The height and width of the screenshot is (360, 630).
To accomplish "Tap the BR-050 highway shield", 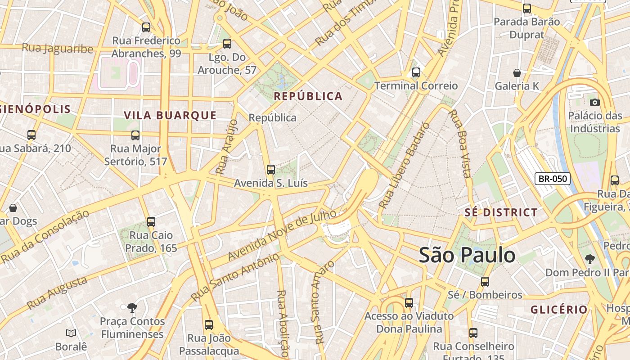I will click(553, 179).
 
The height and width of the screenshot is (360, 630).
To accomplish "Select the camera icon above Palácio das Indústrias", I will click(594, 102).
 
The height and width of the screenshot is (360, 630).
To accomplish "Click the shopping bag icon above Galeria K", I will click(517, 73).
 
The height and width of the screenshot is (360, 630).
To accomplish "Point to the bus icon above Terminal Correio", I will click(416, 72).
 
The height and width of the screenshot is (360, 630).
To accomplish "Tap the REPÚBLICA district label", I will click(308, 96).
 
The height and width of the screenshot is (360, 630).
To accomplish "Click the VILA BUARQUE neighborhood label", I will click(170, 115).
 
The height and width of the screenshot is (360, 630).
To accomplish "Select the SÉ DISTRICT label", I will click(501, 212).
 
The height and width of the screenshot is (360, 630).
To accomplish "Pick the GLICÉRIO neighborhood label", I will click(559, 310).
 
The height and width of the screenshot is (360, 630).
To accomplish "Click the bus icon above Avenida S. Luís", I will click(270, 170).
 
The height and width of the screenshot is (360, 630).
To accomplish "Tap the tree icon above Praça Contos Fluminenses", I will click(132, 308).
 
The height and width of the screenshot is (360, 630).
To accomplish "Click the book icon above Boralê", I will click(71, 333).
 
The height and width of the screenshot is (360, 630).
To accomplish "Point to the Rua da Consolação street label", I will click(45, 237).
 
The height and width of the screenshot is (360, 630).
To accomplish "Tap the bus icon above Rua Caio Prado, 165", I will click(151, 222).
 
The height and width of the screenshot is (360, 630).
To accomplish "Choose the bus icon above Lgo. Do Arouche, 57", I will click(227, 44).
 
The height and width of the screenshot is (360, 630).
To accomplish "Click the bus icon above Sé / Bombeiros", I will click(485, 282).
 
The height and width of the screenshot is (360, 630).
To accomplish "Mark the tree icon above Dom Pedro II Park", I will click(589, 259).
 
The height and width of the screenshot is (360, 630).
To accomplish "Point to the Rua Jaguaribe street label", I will click(58, 48).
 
